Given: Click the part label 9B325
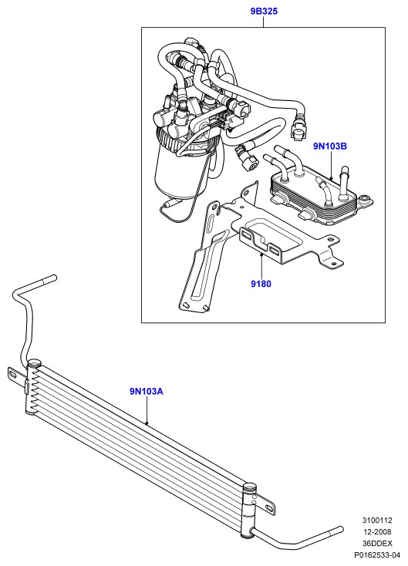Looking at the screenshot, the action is click(264, 12).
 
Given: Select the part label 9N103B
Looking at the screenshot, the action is click(330, 147).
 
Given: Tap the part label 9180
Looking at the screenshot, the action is click(261, 284).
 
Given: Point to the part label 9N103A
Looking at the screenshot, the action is click(147, 391).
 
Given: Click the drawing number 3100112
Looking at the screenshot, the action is click(377, 521).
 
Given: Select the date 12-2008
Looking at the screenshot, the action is click(377, 532).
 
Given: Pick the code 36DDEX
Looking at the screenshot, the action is click(377, 544).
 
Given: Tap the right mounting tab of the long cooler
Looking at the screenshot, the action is click(265, 503).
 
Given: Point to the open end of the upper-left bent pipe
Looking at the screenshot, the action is click(54, 278).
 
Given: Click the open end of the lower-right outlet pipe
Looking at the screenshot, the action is click(340, 530).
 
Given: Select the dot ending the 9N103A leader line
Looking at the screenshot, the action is click(147, 423).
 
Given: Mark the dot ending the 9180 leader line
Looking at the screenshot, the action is click(261, 254).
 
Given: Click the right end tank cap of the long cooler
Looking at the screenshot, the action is click(250, 487).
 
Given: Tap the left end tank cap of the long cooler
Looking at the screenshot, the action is click(34, 362).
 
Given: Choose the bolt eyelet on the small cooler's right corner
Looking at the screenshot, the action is click(365, 199).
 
